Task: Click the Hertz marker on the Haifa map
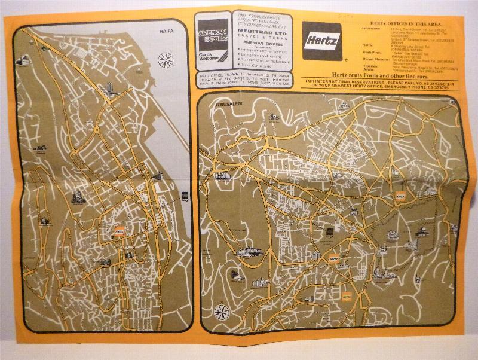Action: click(x=118, y=231)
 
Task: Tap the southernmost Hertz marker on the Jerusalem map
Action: click(x=347, y=295)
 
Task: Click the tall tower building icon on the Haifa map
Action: click(x=109, y=89)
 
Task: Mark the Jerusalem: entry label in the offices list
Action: click(x=371, y=28)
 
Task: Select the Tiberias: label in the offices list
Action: click(x=370, y=66)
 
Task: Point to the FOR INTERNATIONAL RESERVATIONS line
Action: click(x=382, y=81)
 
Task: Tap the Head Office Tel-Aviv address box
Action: click(x=246, y=80)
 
